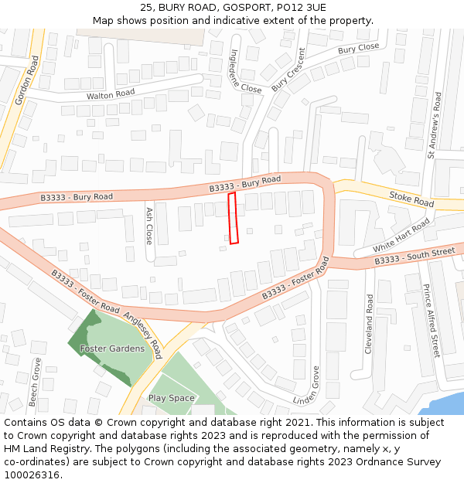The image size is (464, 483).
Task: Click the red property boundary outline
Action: pos(233,219)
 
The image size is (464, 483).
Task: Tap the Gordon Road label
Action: pos(27,80)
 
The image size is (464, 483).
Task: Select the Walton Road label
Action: pos(111,93)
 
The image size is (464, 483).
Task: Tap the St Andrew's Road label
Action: pos(436,126)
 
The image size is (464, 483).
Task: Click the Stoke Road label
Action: pos(411,199)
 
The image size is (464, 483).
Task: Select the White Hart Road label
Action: pos(401,235)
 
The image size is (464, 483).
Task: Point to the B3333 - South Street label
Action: pos(415,256)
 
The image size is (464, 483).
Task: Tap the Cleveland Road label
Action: pos(369,324)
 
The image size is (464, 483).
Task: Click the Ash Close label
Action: pos(149,226)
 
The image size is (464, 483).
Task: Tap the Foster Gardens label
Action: pos(112,349)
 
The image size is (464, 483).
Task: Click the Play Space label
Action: pos(172,398)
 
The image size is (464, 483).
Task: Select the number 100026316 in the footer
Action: pos(31,475)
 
